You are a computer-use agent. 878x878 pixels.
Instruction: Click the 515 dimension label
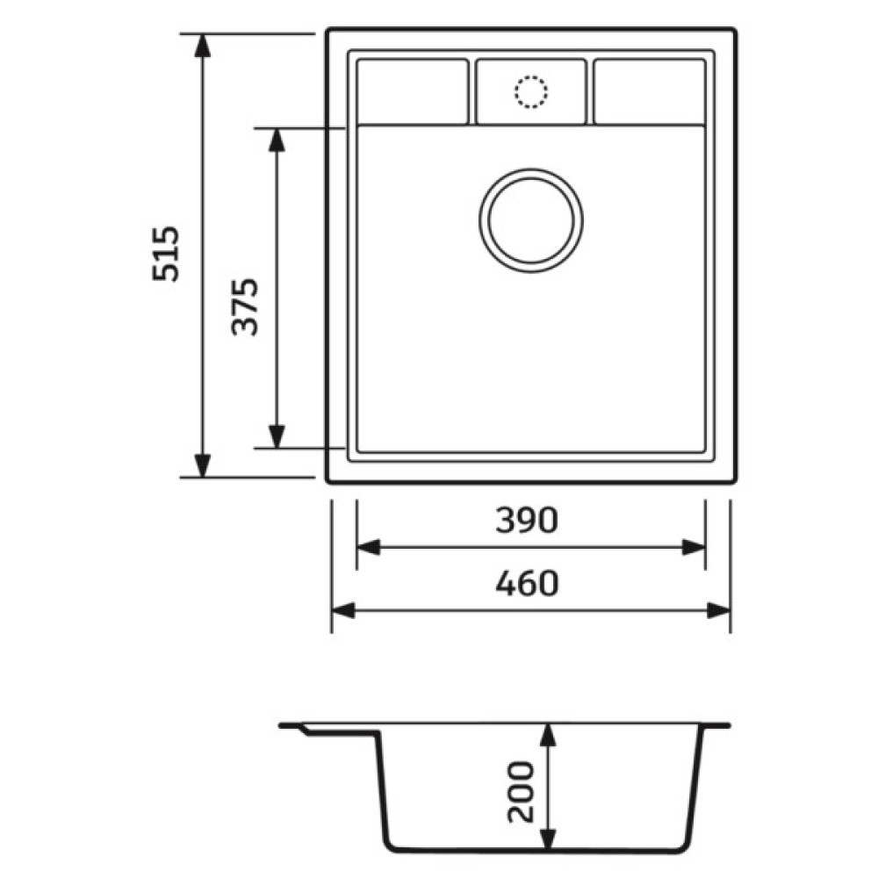(166, 254)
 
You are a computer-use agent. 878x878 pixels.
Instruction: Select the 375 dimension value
(245, 306)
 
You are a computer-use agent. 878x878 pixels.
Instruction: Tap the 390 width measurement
(527, 520)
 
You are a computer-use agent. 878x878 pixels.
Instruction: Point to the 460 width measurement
(527, 583)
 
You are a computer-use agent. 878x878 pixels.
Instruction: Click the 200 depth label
(521, 792)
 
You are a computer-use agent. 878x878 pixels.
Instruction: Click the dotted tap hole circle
(531, 91)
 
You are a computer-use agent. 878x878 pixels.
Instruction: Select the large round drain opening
(531, 220)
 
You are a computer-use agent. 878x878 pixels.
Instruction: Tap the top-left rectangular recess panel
(413, 91)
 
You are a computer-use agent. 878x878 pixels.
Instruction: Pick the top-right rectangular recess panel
(650, 91)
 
